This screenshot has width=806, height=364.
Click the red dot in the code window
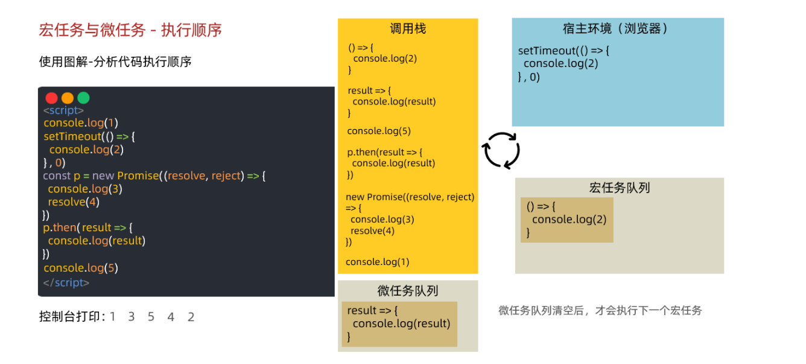(x=51, y=98)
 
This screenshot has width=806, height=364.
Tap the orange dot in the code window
(x=68, y=98)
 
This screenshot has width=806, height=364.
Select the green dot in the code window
(x=83, y=98)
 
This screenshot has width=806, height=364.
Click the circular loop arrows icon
(x=501, y=150)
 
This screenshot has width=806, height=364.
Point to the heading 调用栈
(x=408, y=28)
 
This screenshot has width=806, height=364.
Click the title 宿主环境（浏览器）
(x=617, y=28)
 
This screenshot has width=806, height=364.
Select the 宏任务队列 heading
(x=619, y=188)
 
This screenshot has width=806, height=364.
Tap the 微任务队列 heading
(x=408, y=291)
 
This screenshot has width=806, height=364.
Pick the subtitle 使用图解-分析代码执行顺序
(x=115, y=62)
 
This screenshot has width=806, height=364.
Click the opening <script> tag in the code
(x=63, y=110)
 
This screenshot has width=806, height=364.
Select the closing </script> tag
(x=66, y=283)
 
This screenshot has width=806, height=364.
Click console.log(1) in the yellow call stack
(x=378, y=262)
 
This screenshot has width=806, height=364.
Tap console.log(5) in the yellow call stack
(x=379, y=131)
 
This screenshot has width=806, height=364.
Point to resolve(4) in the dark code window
(x=74, y=202)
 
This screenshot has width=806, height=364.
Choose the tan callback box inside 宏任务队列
(x=566, y=220)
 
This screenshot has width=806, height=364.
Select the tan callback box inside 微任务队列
(x=399, y=324)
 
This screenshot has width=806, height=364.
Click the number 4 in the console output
(x=171, y=317)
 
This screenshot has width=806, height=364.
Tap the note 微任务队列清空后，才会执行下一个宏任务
(x=600, y=311)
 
